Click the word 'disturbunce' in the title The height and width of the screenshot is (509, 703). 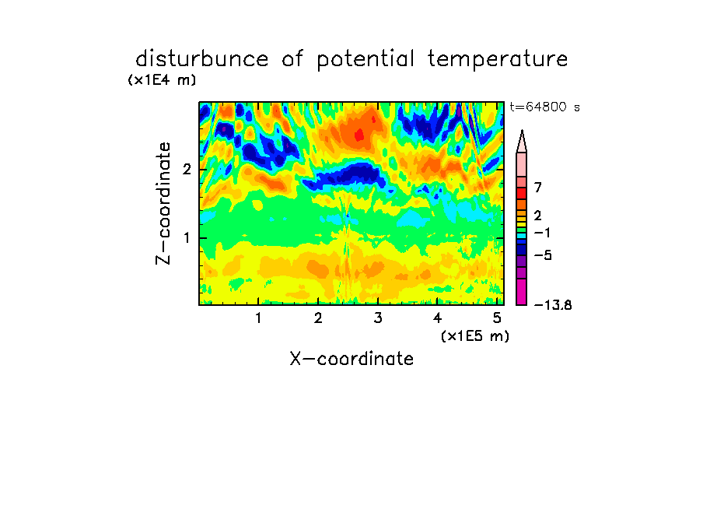(201, 59)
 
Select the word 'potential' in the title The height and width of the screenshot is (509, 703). (365, 60)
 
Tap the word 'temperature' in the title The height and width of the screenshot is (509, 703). (498, 60)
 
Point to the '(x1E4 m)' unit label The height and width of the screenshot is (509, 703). (162, 80)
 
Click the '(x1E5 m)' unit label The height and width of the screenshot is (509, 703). (475, 335)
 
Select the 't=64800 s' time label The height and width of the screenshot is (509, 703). (544, 107)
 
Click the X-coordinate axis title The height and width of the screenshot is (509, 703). (351, 359)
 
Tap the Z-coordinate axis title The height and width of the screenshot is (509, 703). (163, 203)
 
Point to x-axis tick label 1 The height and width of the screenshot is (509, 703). (258, 318)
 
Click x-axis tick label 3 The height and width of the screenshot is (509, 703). (378, 318)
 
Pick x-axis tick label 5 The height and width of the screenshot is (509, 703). (497, 318)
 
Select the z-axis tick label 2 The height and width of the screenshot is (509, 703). (187, 170)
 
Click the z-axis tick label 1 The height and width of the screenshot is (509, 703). (187, 238)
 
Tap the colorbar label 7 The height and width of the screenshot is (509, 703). (538, 187)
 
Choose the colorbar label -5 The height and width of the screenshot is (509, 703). (543, 255)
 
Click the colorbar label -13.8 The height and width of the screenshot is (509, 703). (553, 305)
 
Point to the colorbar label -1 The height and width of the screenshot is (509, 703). (542, 233)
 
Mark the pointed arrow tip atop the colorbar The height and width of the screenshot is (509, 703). (522, 131)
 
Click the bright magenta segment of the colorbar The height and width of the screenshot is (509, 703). (522, 292)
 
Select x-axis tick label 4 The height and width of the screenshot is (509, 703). (438, 318)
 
